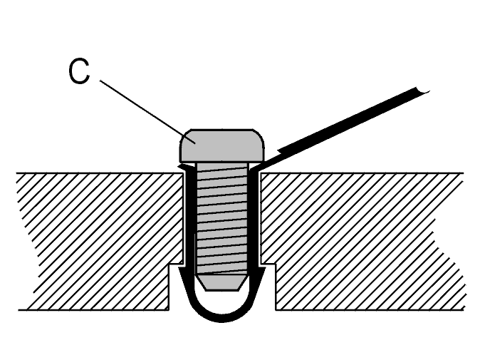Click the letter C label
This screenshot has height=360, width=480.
(x=79, y=71)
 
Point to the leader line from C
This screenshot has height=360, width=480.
(x=147, y=111)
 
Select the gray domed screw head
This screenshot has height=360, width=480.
(x=221, y=146)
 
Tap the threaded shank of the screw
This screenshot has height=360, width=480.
(x=222, y=218)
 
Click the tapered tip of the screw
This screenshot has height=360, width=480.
(x=222, y=282)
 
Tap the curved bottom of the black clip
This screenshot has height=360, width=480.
(x=222, y=317)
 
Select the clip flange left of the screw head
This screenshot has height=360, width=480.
(x=185, y=167)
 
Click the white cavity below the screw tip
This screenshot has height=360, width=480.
(x=222, y=302)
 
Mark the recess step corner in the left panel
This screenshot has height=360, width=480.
(x=169, y=264)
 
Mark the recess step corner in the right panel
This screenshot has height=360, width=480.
(x=275, y=264)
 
